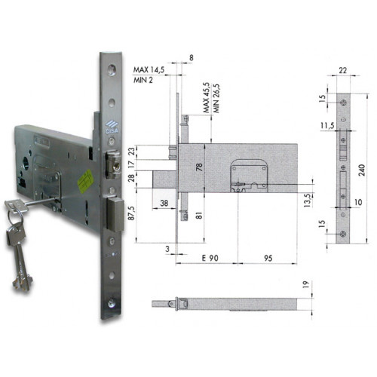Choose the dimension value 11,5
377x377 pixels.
pos(326,124)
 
